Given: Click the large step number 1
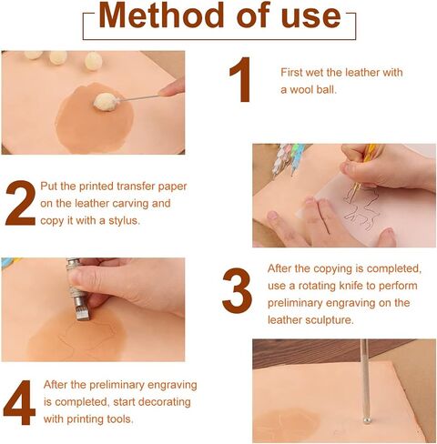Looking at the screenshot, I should [239, 81].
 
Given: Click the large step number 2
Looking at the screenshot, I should [20, 203].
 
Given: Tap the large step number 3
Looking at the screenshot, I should [237, 292].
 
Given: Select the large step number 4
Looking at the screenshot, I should [20, 402].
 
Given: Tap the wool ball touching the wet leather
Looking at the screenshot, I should [107, 103].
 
